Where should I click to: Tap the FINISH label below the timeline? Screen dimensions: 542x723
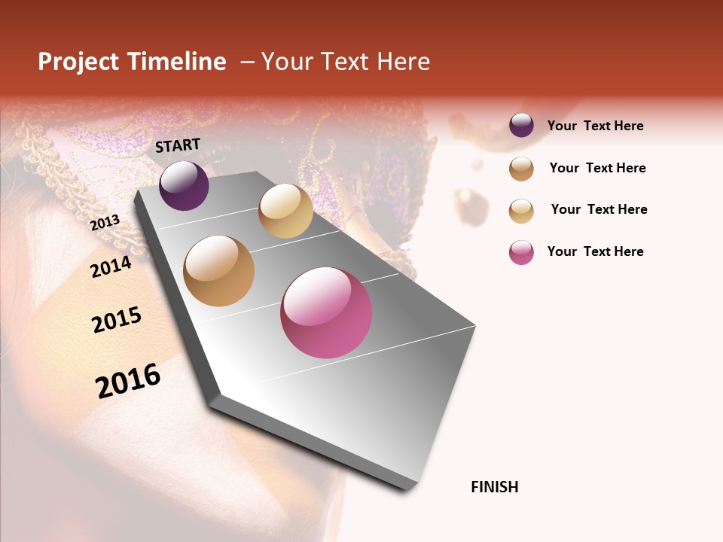point(494,487)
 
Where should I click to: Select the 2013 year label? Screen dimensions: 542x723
point(105,222)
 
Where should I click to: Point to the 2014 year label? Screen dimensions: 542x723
point(111,266)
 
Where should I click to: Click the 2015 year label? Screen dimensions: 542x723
point(117,321)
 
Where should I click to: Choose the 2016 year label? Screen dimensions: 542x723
point(128,380)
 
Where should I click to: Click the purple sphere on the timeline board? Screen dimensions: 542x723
point(184,185)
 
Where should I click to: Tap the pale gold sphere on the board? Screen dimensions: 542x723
point(285,211)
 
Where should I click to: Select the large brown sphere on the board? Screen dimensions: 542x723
point(218,271)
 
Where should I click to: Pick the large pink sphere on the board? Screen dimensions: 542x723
point(326,312)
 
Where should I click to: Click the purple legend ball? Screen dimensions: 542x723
point(521,126)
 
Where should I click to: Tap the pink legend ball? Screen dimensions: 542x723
point(521,252)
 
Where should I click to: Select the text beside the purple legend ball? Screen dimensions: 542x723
point(595,126)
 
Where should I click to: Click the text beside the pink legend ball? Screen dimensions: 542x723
point(595,251)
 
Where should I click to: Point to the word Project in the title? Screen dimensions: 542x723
point(78,62)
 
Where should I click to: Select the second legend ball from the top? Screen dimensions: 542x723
point(521,169)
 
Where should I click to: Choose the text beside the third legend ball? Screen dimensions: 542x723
point(599,209)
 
